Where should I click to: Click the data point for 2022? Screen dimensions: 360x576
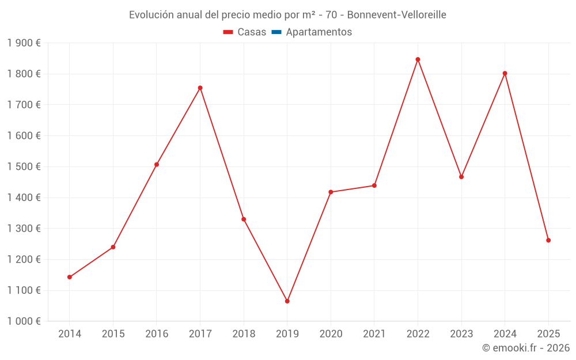pyautogui.click(x=418, y=59)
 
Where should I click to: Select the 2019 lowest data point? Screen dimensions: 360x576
pyautogui.click(x=287, y=301)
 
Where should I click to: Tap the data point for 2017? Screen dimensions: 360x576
pyautogui.click(x=200, y=88)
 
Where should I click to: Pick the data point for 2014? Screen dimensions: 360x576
pyautogui.click(x=70, y=277)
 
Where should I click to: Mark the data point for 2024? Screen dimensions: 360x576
pyautogui.click(x=505, y=73)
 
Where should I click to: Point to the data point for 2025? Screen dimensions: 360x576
pyautogui.click(x=548, y=240)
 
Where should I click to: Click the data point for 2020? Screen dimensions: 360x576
pyautogui.click(x=331, y=192)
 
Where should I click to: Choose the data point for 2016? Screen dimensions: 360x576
pyautogui.click(x=157, y=165)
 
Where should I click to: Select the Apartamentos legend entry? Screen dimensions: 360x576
pyautogui.click(x=319, y=32)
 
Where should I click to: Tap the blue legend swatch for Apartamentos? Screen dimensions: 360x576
pyautogui.click(x=276, y=32)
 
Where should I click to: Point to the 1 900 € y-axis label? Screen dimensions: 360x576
pyautogui.click(x=24, y=43)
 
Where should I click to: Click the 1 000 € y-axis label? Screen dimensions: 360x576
pyautogui.click(x=24, y=321)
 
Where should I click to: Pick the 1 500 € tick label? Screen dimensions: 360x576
pyautogui.click(x=24, y=166)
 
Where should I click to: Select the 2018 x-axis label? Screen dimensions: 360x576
pyautogui.click(x=244, y=334)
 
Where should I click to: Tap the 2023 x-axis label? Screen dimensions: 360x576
pyautogui.click(x=461, y=334)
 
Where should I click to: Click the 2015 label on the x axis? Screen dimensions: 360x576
pyautogui.click(x=113, y=334)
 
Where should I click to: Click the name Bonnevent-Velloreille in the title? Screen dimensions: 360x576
pyautogui.click(x=396, y=15)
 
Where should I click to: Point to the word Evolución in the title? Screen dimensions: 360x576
pyautogui.click(x=151, y=15)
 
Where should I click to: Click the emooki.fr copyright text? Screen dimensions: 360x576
pyautogui.click(x=526, y=348)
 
